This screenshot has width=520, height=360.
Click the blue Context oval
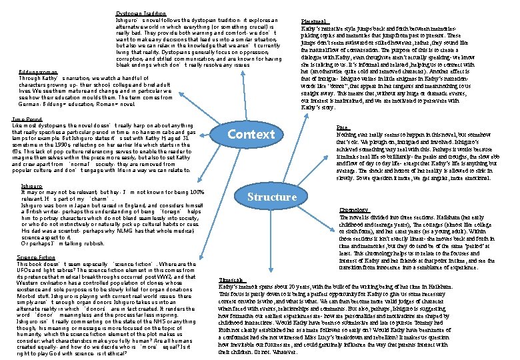coord(251,135)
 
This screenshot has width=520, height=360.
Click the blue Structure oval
coord(272,197)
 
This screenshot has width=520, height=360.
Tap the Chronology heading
coord(354,209)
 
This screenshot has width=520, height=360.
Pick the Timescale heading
coord(233,280)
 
